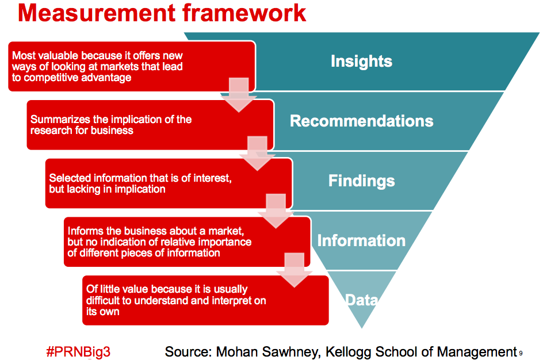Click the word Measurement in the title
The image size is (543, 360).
point(97,13)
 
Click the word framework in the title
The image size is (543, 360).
point(244,13)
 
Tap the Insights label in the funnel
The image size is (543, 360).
point(361,62)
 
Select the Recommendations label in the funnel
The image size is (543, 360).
point(362,121)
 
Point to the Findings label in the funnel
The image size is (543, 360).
point(362,181)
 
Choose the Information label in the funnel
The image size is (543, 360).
point(361,240)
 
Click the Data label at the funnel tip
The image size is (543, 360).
point(362,300)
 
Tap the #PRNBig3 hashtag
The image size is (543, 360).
point(78,352)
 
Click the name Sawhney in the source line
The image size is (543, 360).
point(291,352)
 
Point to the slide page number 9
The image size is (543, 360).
point(521,354)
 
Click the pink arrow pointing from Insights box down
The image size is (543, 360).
point(239,95)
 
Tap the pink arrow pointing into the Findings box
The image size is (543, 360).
point(257,154)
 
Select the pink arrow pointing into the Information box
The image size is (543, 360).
point(276,211)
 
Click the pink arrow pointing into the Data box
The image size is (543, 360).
point(295,270)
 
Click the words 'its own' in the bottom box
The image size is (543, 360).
point(102,312)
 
